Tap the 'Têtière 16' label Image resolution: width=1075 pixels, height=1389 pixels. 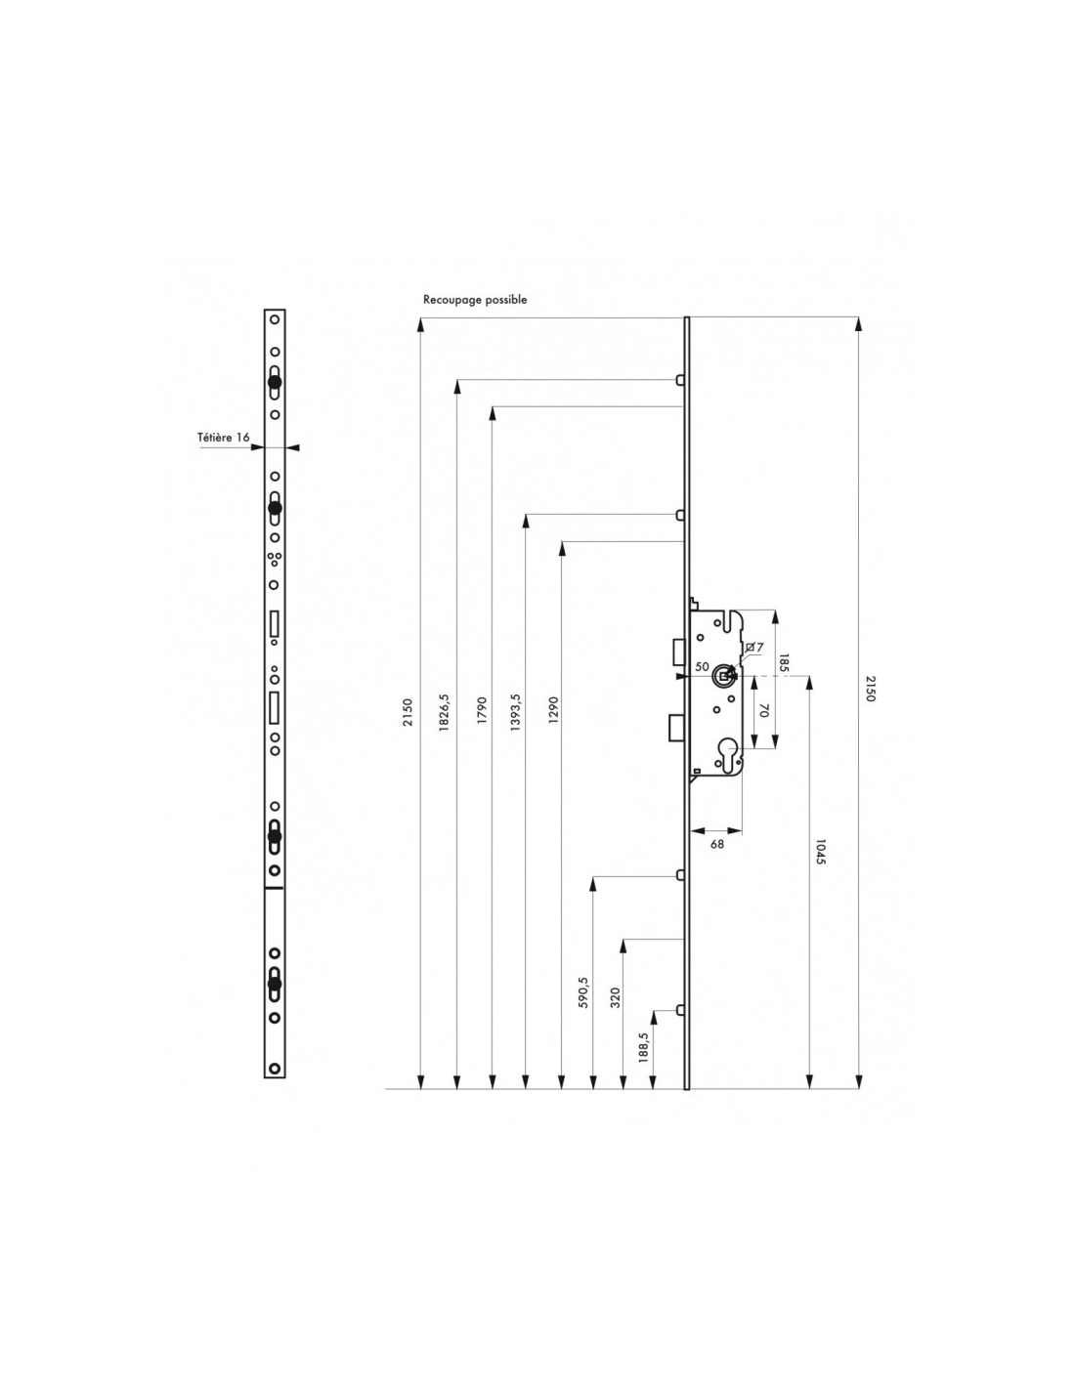pyautogui.click(x=223, y=438)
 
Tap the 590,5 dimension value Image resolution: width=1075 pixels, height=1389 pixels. pyautogui.click(x=582, y=992)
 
